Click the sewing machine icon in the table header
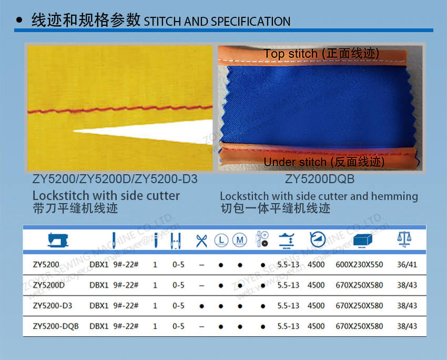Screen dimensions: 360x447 [x=58, y=240]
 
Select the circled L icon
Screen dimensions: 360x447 [x=221, y=241]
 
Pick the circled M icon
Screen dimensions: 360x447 [x=240, y=241]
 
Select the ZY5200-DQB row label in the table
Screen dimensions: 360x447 [x=56, y=326]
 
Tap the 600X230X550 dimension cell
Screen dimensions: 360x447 [x=360, y=264]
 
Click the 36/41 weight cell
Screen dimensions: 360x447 [x=407, y=264]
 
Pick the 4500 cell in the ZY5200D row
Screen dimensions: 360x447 [x=316, y=285]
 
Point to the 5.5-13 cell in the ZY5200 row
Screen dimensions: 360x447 [x=288, y=264]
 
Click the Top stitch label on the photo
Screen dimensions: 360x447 [x=321, y=54]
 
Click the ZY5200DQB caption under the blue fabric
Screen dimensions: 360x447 [x=320, y=179]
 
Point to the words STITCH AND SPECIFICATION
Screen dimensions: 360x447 [x=217, y=22]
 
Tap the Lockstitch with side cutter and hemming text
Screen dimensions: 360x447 [x=319, y=196]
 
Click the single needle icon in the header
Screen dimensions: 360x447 [x=155, y=241]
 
